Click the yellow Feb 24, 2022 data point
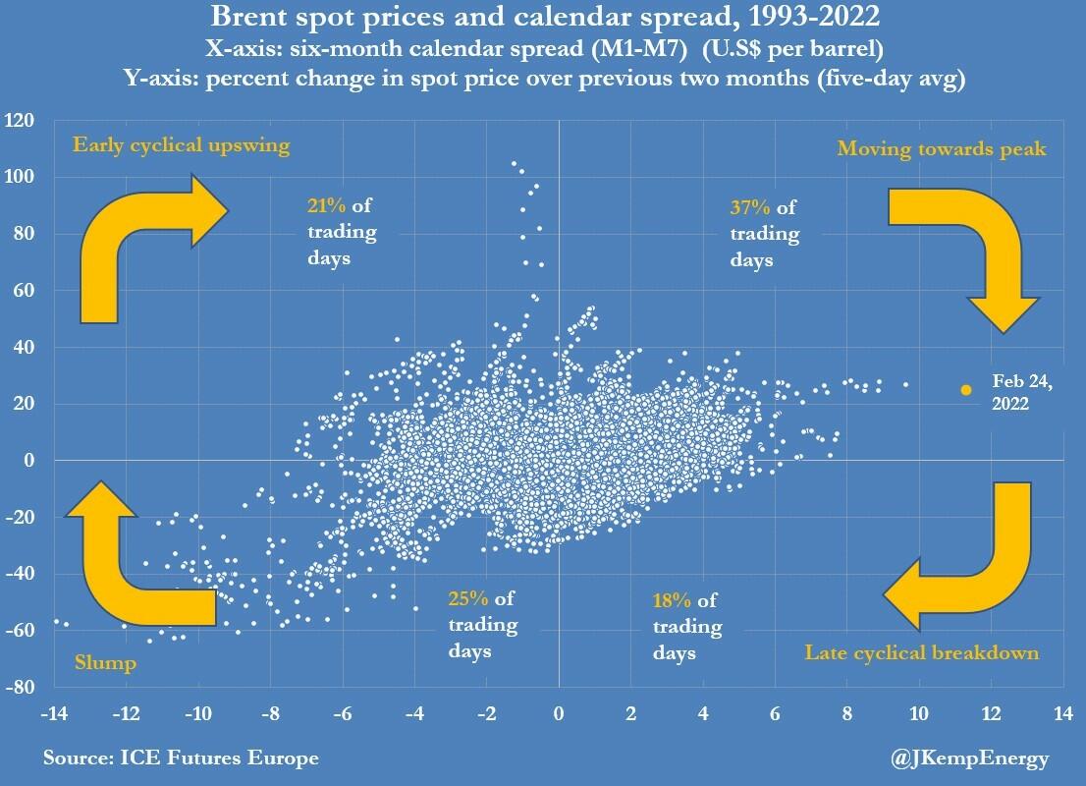[x=966, y=390]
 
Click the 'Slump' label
[x=105, y=663]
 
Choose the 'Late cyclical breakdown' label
[x=922, y=652]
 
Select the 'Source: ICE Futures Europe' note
[x=181, y=758]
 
